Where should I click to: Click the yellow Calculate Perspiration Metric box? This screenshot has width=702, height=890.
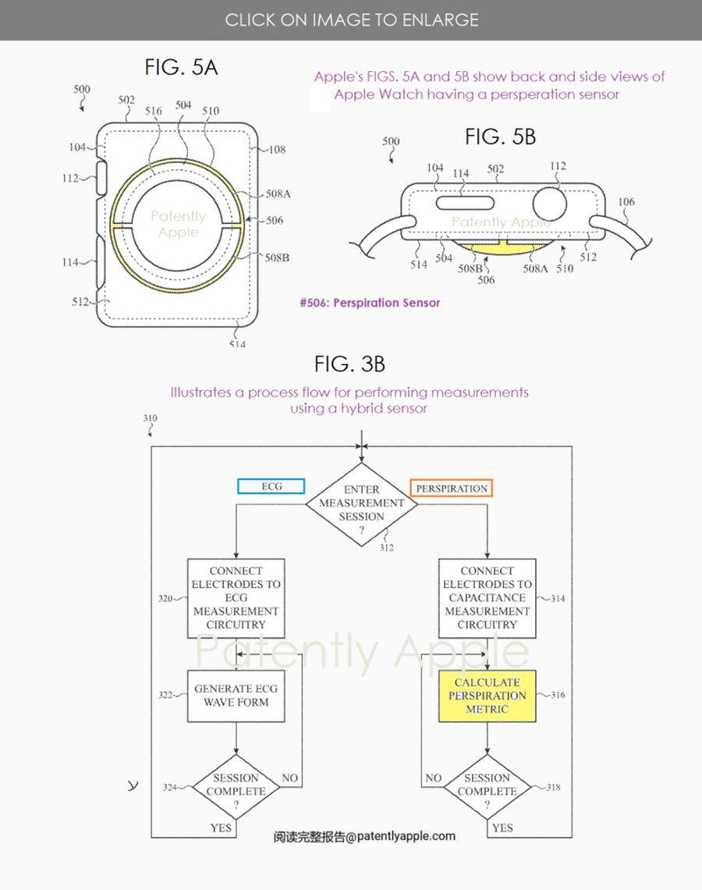(487, 696)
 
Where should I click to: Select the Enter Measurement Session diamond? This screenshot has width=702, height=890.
(361, 503)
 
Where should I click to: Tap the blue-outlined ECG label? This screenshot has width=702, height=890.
(271, 487)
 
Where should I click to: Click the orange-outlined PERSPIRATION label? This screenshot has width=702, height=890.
(452, 488)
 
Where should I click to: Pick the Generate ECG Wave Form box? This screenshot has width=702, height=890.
(236, 695)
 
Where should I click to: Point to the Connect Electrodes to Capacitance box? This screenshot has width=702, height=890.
(487, 598)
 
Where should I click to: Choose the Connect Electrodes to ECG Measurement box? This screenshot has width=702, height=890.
(236, 598)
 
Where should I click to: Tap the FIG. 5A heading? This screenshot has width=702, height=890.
(181, 68)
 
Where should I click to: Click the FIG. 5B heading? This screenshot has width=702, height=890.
(500, 137)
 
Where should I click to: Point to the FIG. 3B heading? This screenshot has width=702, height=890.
(349, 364)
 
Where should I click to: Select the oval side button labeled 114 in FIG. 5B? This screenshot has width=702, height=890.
(461, 202)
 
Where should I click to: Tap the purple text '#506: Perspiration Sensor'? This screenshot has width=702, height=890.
(370, 303)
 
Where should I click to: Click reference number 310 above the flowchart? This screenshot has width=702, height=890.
(150, 419)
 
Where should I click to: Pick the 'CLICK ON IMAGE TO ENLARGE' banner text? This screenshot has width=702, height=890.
(352, 20)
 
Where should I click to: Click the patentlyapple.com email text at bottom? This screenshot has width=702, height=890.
(364, 836)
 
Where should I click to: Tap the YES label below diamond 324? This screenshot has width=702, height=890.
(221, 828)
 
